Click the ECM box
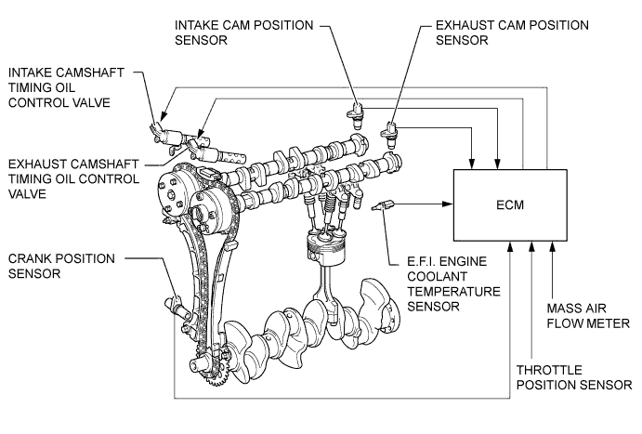tap(510, 204)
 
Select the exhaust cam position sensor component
tap(390, 135)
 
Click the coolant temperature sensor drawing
tap(383, 205)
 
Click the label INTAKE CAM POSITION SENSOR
tap(244, 33)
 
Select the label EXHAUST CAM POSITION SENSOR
tap(512, 33)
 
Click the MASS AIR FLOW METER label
tap(588, 316)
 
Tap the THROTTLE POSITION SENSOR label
tap(574, 377)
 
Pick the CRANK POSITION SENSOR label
tap(61, 266)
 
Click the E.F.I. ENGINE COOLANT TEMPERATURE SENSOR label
tap(453, 283)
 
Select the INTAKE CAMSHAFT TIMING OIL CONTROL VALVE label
tap(66, 87)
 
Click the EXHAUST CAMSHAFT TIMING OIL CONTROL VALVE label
tap(73, 179)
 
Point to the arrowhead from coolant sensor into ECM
tap(449, 204)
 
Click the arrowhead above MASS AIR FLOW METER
tap(552, 245)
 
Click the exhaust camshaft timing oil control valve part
tap(217, 152)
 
